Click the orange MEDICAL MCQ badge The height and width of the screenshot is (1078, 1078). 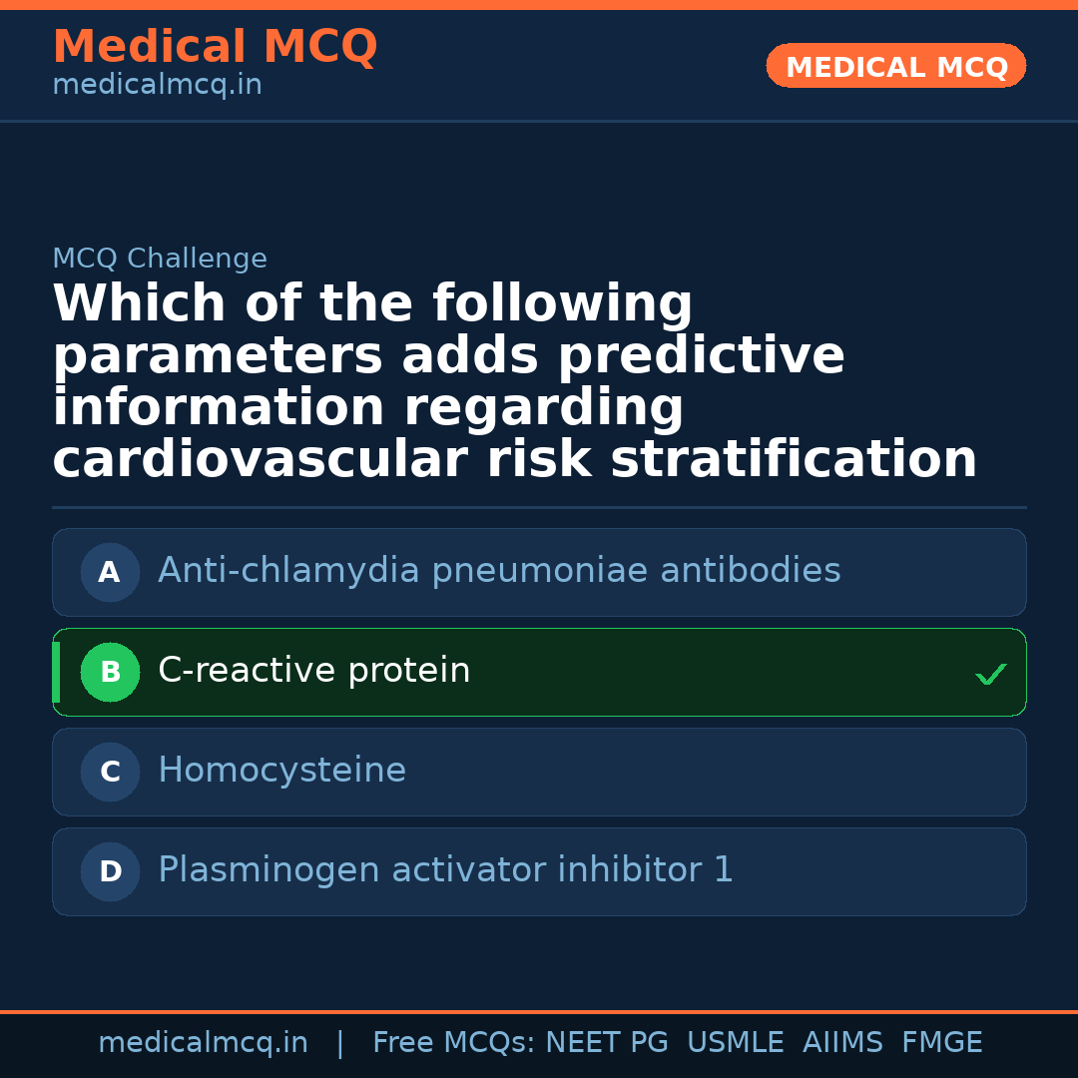click(x=895, y=66)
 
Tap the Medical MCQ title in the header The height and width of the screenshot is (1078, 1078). click(x=215, y=47)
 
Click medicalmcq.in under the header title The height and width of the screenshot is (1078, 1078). click(x=157, y=86)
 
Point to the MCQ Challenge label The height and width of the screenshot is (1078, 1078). click(x=160, y=260)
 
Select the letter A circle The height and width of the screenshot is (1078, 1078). click(x=110, y=573)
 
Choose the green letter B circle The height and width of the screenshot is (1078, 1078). click(x=110, y=673)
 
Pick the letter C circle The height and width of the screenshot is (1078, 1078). click(x=110, y=773)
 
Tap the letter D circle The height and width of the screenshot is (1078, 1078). click(x=110, y=872)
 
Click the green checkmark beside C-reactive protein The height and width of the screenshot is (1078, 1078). click(x=990, y=676)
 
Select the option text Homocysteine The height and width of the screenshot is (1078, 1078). click(x=281, y=771)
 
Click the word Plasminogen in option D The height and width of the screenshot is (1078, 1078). click(x=268, y=870)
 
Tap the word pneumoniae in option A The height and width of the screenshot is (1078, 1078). click(x=525, y=571)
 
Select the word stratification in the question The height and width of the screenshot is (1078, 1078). click(x=794, y=460)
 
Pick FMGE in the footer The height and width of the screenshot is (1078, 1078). click(x=941, y=1043)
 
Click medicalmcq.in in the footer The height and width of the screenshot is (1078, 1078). click(x=203, y=1043)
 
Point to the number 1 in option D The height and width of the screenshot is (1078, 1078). click(x=724, y=870)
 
